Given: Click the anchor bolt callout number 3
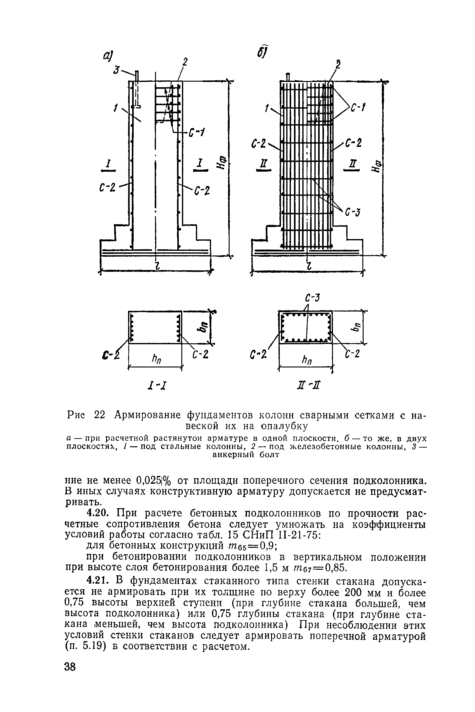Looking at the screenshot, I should (x=116, y=70).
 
